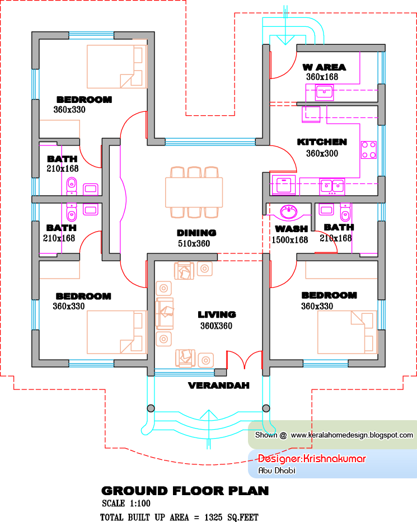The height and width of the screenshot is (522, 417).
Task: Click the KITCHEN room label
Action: pyautogui.click(x=322, y=142)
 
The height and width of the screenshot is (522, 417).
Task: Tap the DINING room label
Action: pyautogui.click(x=196, y=233)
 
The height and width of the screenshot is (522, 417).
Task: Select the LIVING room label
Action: pyautogui.click(x=217, y=314)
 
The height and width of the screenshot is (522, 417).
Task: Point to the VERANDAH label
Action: pyautogui.click(x=218, y=385)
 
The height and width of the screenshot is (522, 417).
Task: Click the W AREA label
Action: pyautogui.click(x=324, y=67)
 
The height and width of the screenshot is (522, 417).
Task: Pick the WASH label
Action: pyautogui.click(x=292, y=229)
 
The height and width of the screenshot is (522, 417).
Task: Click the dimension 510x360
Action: pyautogui.click(x=194, y=244)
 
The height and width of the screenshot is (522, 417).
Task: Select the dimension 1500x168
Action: pyautogui.click(x=290, y=240)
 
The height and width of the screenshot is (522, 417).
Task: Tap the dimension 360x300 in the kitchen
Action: pyautogui.click(x=322, y=153)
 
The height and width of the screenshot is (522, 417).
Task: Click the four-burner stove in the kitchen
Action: pyautogui.click(x=369, y=150)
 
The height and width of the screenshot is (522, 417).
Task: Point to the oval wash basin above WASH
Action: pyautogui.click(x=288, y=211)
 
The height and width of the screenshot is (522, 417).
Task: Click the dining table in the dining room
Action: pyautogui.click(x=194, y=192)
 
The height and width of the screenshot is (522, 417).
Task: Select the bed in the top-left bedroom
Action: pyautogui.click(x=117, y=67)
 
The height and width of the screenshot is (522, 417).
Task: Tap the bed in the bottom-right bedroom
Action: pyautogui.click(x=348, y=332)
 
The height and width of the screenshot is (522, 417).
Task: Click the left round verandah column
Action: pyautogui.click(x=151, y=408)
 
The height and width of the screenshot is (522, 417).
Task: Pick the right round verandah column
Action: pyautogui.click(x=266, y=408)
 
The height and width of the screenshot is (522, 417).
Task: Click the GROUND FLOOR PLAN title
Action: pyautogui.click(x=185, y=491)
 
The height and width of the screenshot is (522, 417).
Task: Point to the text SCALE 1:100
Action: pyautogui.click(x=126, y=504)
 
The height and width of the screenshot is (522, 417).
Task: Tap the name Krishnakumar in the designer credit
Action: pyautogui.click(x=335, y=459)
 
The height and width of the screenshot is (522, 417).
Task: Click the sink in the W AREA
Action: pyautogui.click(x=325, y=92)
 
